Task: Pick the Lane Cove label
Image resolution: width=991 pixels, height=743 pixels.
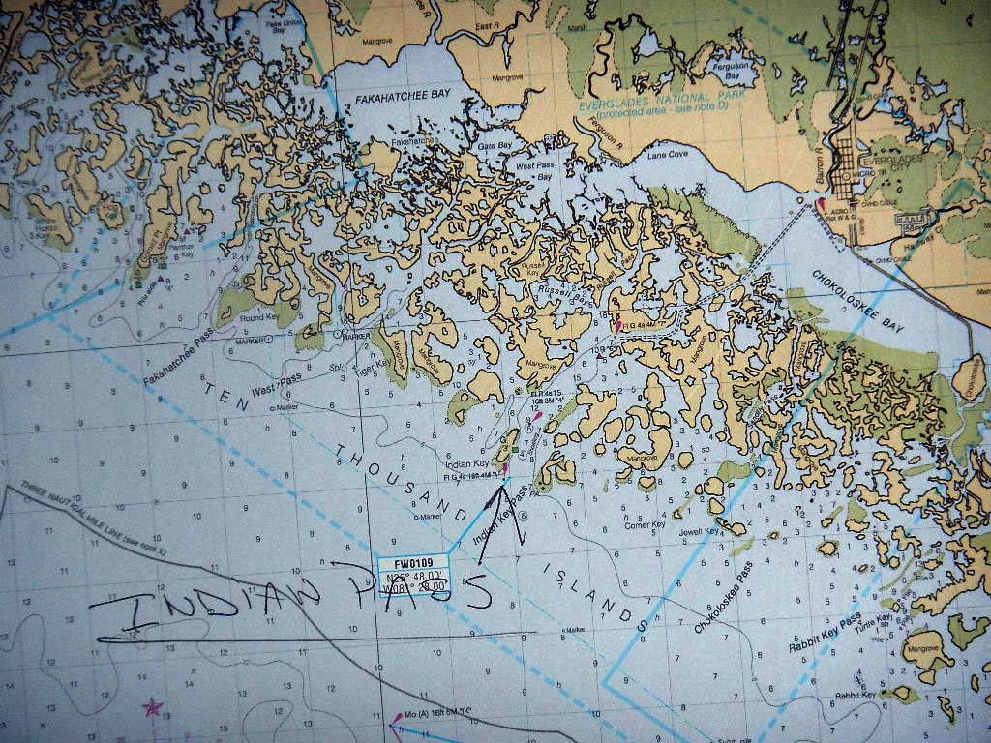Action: [667, 154]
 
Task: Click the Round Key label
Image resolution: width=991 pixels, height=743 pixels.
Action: [258, 317]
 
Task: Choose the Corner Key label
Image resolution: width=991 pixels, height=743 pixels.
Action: [645, 523]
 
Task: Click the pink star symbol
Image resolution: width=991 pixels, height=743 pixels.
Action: [152, 707]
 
